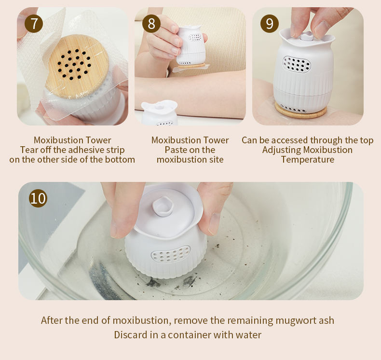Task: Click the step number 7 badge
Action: point(34,24)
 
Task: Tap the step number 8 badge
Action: point(151,24)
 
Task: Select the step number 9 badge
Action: point(270,24)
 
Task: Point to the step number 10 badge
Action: point(38,198)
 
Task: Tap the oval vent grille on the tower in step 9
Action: point(297,64)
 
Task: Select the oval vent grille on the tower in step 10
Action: point(171,254)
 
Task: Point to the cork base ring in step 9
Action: point(300,111)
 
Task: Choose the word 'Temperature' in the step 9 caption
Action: point(308,160)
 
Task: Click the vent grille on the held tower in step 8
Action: point(195,38)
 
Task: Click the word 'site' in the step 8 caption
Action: point(216,160)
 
